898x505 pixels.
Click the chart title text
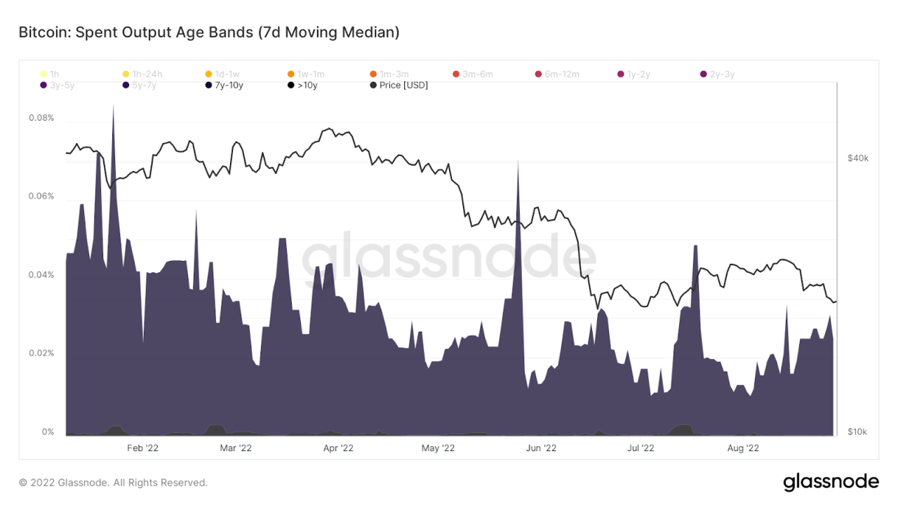coord(209,32)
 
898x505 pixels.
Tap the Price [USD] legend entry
coord(398,86)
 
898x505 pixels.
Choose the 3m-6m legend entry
coord(473,74)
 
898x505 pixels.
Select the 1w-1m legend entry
coord(306,74)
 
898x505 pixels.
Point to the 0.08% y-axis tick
coord(41,118)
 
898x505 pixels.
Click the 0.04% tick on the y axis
coord(41,275)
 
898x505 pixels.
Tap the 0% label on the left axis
coord(48,432)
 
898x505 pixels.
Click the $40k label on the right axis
coord(858,159)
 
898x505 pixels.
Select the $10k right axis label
coord(858,431)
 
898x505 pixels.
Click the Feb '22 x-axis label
coord(142,447)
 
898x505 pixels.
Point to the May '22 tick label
coord(440,447)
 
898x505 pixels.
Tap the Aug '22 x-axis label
coord(742,447)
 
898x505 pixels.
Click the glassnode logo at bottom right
coord(831,482)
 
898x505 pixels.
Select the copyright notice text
coord(114,483)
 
